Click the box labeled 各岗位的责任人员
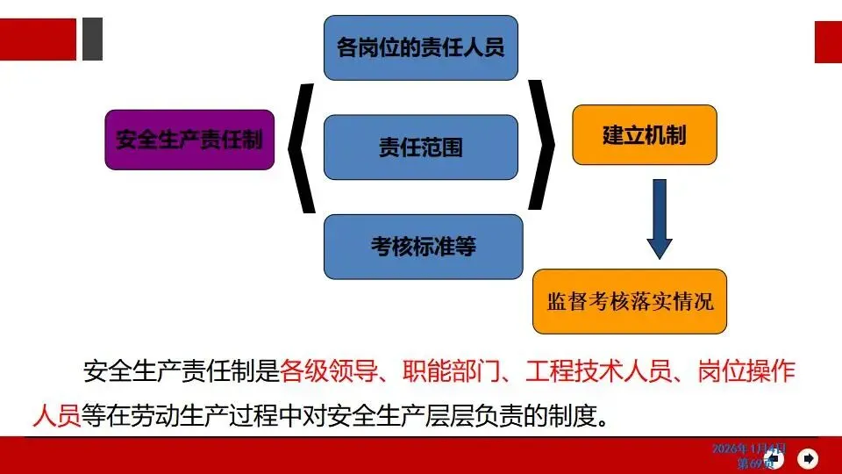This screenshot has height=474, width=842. [x=420, y=47]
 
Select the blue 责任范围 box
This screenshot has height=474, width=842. [x=420, y=147]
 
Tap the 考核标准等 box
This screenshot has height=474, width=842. [x=423, y=247]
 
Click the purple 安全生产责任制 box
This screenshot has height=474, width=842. [x=189, y=140]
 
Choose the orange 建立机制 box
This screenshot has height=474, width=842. [x=644, y=135]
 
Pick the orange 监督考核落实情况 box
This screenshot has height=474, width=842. [x=630, y=301]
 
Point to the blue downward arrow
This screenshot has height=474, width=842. [x=660, y=219]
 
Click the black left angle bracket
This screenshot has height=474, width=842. [x=301, y=147]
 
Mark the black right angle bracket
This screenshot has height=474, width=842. [x=541, y=146]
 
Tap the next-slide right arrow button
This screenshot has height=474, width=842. [x=809, y=457]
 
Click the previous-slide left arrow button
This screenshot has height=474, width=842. [x=775, y=457]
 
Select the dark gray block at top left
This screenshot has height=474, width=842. [x=92, y=39]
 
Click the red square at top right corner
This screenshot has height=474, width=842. [x=828, y=41]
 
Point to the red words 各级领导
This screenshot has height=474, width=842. [x=319, y=372]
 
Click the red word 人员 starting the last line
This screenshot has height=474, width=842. [x=56, y=413]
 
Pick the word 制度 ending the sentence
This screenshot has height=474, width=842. [x=563, y=413]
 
